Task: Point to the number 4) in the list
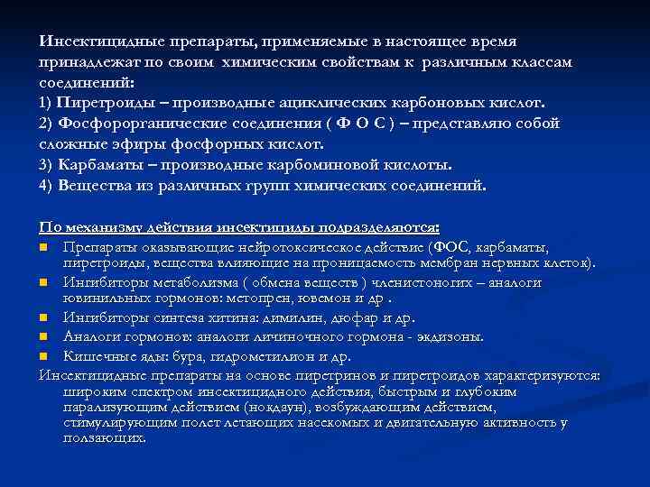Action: (x=47, y=186)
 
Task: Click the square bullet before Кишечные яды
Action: (x=43, y=354)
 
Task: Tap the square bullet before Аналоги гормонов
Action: (x=43, y=336)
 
